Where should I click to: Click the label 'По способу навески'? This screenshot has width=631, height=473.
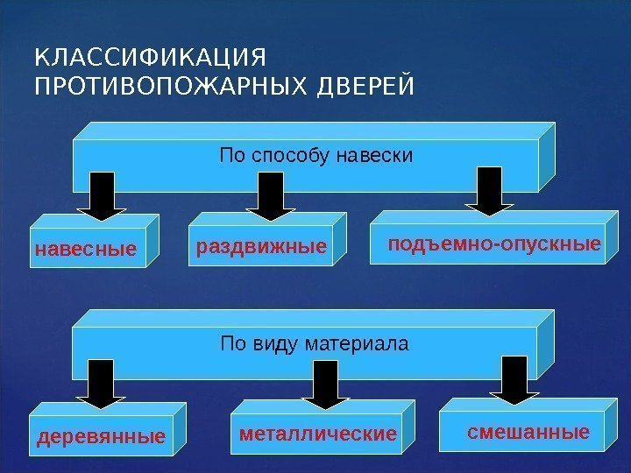315,157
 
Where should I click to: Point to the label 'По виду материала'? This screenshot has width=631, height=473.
314,342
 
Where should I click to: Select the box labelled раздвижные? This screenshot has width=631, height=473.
261,248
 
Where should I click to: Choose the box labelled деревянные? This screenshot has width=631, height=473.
101,435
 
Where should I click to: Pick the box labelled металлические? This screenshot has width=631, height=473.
318,434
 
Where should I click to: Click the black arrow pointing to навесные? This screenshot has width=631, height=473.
102,195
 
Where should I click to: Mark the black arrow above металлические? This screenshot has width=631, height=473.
325,383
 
